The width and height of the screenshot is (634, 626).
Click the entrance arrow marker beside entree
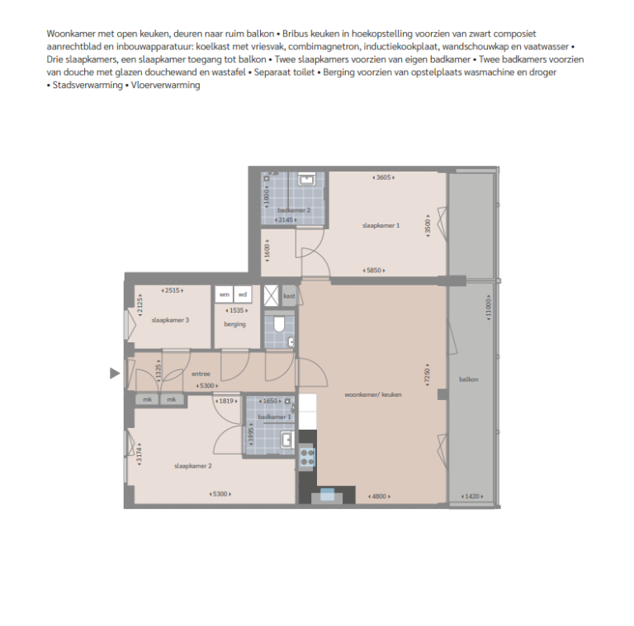coord(115,373)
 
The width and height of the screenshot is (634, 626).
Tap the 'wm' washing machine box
coord(224,294)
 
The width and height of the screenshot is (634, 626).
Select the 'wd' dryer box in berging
coord(243,294)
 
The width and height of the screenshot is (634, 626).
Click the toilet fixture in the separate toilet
coord(279,324)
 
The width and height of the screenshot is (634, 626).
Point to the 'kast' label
coord(289,296)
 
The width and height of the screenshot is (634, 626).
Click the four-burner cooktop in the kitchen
coord(307,457)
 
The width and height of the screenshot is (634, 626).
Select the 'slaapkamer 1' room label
coord(381,225)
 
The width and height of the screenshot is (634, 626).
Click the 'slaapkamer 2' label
coord(193,466)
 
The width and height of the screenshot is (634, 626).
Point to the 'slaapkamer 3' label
coord(170,320)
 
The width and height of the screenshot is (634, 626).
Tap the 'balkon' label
coord(469,379)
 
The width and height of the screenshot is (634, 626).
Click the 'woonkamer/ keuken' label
coord(373,394)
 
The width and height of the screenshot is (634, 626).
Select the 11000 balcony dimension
coord(489,307)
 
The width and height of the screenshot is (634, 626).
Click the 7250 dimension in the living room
coord(428,375)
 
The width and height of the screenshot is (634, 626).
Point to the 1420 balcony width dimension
coord(472,497)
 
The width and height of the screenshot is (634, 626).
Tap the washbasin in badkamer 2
coord(307,179)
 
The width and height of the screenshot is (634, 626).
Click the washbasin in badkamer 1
coord(287,440)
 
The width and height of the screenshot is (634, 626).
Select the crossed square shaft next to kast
coord(272,296)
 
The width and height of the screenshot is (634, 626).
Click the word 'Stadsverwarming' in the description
coord(88,85)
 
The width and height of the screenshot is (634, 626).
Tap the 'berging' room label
coord(235,324)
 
